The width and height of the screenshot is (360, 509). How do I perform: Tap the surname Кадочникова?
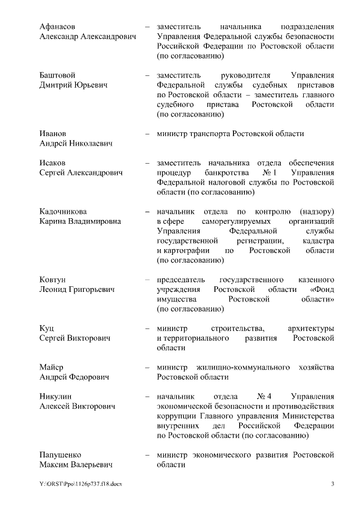63,211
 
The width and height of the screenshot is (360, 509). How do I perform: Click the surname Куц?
46,328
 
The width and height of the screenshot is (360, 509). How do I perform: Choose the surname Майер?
51,367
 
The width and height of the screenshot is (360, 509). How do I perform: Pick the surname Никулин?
56,396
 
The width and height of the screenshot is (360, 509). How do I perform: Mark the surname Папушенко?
60,454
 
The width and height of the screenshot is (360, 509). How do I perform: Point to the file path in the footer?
80,484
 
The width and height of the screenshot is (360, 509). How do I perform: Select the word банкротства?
223,173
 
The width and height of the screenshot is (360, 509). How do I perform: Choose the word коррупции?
176,416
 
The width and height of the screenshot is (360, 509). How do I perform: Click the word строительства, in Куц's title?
234,328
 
